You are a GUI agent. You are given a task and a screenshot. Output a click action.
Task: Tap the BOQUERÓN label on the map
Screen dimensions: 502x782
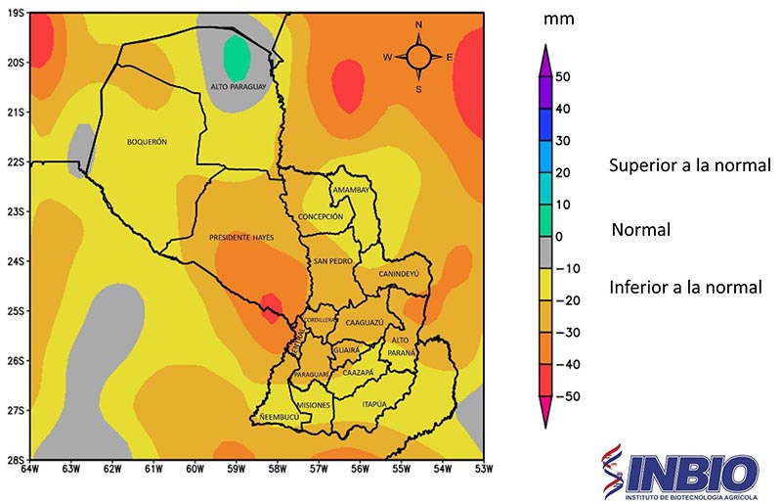(147, 142)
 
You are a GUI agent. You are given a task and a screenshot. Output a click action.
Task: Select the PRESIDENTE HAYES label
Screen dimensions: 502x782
(240, 238)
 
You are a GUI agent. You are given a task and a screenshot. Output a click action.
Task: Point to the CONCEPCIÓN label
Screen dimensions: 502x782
(321, 216)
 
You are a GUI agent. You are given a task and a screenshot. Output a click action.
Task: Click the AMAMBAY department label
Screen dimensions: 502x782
(349, 190)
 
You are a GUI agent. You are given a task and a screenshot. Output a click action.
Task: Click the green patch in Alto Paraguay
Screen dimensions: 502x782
(235, 58)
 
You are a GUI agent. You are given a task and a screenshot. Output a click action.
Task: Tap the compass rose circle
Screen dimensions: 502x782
(418, 57)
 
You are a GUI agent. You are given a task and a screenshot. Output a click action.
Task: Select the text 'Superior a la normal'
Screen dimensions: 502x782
(689, 164)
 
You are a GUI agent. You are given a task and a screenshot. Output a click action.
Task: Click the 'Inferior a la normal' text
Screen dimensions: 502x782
(684, 288)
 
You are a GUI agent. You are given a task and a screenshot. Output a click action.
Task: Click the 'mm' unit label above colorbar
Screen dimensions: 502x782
(561, 19)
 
